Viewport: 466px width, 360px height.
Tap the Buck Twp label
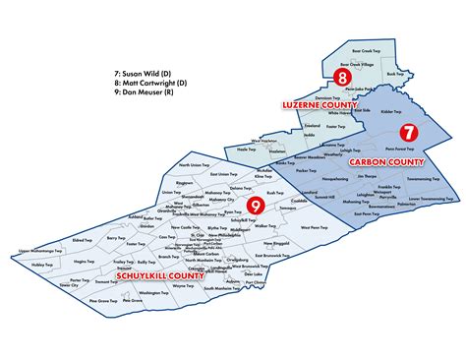coord(395,74)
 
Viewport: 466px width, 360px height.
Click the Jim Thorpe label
coord(368,176)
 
